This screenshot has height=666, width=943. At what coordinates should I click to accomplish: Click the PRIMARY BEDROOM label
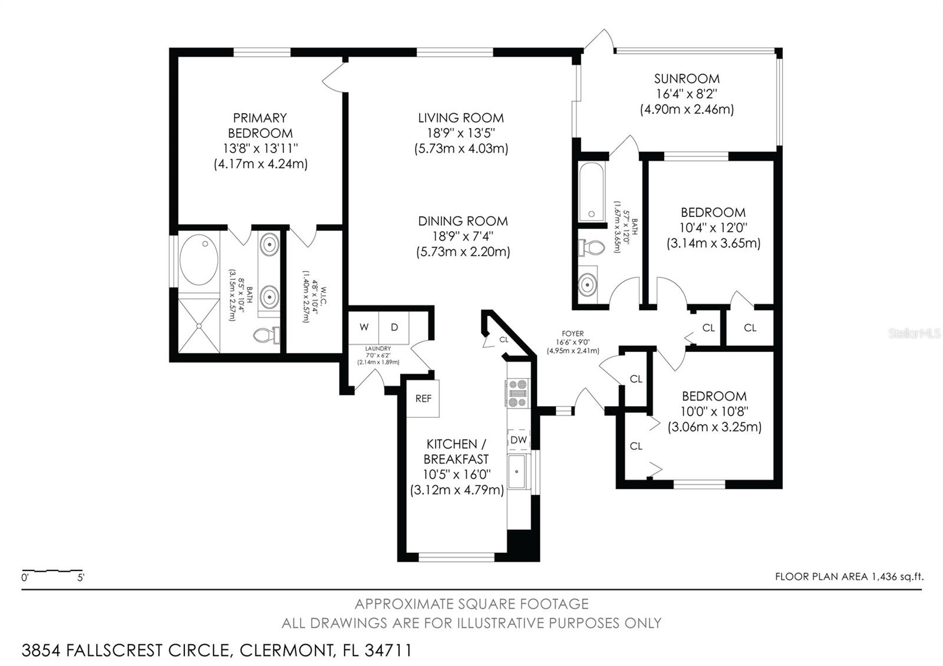[x=260, y=126]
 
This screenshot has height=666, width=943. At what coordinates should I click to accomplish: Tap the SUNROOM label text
[x=687, y=79]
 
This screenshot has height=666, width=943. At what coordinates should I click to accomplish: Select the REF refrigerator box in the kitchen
[x=423, y=398]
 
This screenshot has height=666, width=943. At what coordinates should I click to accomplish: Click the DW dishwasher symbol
[x=519, y=440]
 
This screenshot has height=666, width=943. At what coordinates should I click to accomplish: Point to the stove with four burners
[x=517, y=393]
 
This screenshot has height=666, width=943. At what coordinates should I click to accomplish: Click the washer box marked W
[x=364, y=327]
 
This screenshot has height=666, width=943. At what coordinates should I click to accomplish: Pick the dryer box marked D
[x=394, y=327]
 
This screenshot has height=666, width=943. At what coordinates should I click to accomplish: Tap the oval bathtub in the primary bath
[x=199, y=260]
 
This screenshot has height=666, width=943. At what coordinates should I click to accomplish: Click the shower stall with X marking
[x=199, y=325]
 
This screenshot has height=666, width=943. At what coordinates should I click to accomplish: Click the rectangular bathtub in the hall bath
[x=591, y=191]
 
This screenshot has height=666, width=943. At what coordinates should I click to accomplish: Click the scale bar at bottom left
[x=52, y=571]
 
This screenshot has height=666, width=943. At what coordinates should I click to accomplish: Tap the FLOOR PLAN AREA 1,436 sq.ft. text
[x=849, y=577]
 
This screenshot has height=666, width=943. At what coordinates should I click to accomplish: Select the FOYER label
[x=572, y=334]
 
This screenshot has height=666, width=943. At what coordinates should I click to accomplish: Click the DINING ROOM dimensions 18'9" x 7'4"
[x=463, y=236]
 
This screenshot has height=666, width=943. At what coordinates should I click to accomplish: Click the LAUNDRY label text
[x=378, y=349]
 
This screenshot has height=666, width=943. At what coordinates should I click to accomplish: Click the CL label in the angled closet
[x=503, y=339]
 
